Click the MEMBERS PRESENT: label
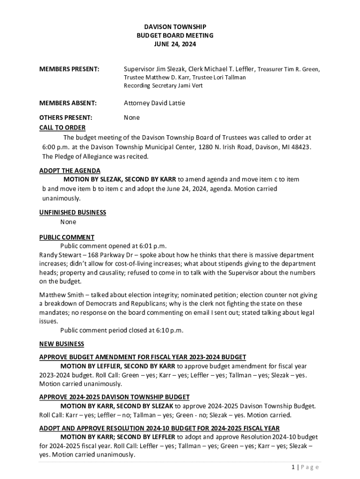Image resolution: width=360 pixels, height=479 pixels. click(x=69, y=69)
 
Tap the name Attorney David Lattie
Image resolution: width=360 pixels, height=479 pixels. click(x=157, y=103)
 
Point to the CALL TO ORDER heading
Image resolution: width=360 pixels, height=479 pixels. click(x=62, y=128)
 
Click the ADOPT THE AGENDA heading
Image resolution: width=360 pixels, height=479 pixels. click(x=70, y=171)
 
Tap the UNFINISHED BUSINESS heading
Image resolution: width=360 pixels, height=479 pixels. click(x=72, y=212)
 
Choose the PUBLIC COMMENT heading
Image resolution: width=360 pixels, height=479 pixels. click(x=67, y=237)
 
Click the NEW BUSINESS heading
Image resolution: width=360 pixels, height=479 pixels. click(x=62, y=344)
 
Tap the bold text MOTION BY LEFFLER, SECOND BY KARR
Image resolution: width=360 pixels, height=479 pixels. click(x=118, y=366)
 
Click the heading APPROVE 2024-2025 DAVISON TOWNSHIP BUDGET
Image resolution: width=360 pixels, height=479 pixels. click(x=114, y=397)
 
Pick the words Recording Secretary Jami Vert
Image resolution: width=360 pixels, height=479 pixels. click(x=163, y=86)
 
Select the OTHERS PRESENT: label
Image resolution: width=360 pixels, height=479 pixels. click(x=65, y=117)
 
